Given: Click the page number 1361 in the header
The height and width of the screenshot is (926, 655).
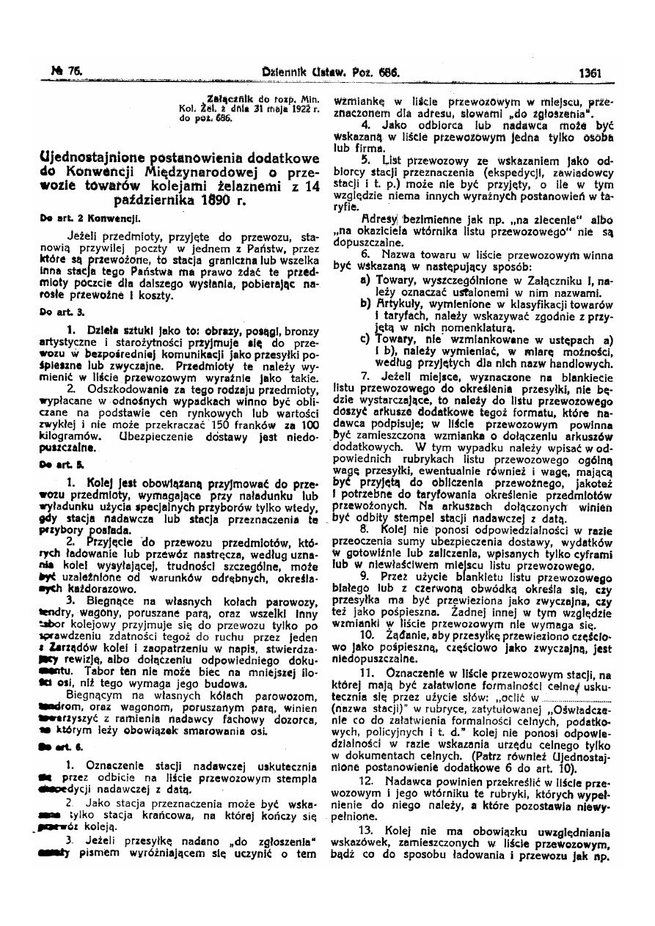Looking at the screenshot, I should coord(590,73).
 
